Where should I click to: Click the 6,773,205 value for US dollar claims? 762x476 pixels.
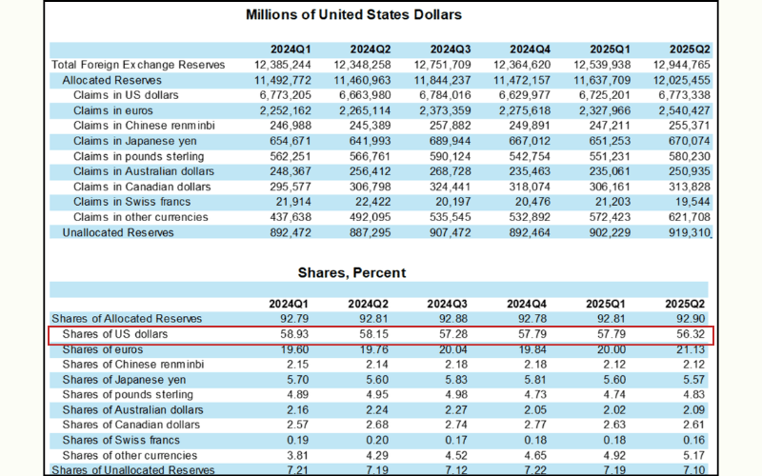coord(284,95)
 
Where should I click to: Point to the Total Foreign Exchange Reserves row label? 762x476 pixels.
coord(138,65)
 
